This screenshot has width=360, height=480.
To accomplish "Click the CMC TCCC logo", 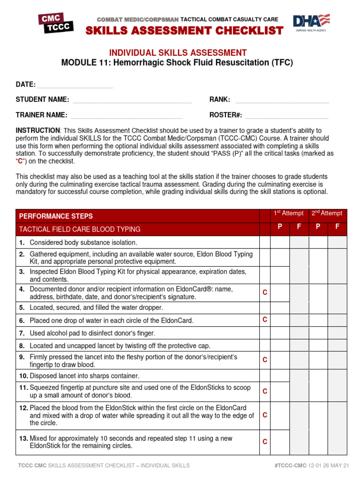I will [56, 23].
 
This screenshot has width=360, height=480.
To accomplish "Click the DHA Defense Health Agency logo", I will [311, 22].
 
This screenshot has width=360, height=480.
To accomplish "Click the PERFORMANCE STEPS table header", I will [56, 216].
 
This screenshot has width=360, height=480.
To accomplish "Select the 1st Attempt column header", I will [289, 213].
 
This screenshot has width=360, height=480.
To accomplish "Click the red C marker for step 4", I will [265, 292].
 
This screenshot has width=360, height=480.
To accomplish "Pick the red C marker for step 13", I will [265, 442].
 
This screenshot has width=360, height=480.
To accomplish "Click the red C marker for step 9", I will [265, 360].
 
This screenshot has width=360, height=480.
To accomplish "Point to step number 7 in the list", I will [22, 333].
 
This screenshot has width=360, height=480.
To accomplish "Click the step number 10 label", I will [23, 376].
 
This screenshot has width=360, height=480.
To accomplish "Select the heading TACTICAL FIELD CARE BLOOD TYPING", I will [80, 229].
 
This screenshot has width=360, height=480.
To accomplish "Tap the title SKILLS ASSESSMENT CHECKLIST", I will [184, 31].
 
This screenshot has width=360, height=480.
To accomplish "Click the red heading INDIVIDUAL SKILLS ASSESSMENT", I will [178, 53].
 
